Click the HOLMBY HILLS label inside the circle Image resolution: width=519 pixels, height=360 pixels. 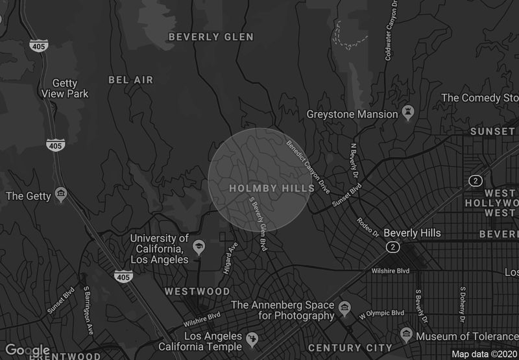(x=272, y=188)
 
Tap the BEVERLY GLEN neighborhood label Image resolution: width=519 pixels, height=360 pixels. (x=211, y=37)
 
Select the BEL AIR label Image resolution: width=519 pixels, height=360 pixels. (x=131, y=80)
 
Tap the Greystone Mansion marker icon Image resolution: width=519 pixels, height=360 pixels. (x=408, y=114)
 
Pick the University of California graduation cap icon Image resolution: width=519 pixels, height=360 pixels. (x=199, y=247)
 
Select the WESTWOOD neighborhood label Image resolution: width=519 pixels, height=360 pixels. (x=197, y=291)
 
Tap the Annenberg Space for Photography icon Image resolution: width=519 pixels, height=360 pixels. (x=344, y=306)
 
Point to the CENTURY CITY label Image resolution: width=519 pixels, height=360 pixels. (x=350, y=348)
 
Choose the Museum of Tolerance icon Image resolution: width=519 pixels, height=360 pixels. (x=406, y=335)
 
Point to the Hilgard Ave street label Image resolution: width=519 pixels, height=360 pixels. (x=230, y=258)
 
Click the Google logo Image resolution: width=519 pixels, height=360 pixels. (x=27, y=350)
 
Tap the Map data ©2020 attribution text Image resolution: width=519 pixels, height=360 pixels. (x=484, y=354)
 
